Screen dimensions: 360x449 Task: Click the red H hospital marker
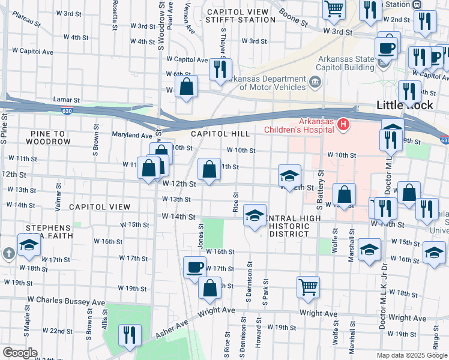(x=343, y=124)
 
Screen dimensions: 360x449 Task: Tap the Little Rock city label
(x=403, y=104)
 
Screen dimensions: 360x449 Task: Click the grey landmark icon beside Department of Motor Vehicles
(x=314, y=82)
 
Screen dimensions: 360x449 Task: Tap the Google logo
(x=20, y=353)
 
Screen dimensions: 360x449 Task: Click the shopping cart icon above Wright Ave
(x=308, y=286)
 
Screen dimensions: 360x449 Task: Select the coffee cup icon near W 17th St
(x=194, y=266)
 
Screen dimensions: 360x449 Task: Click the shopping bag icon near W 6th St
(x=187, y=86)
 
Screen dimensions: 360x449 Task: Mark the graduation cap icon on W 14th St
(x=255, y=215)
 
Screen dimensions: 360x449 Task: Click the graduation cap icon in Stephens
(x=28, y=245)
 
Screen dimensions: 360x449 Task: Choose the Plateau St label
(x=26, y=22)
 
